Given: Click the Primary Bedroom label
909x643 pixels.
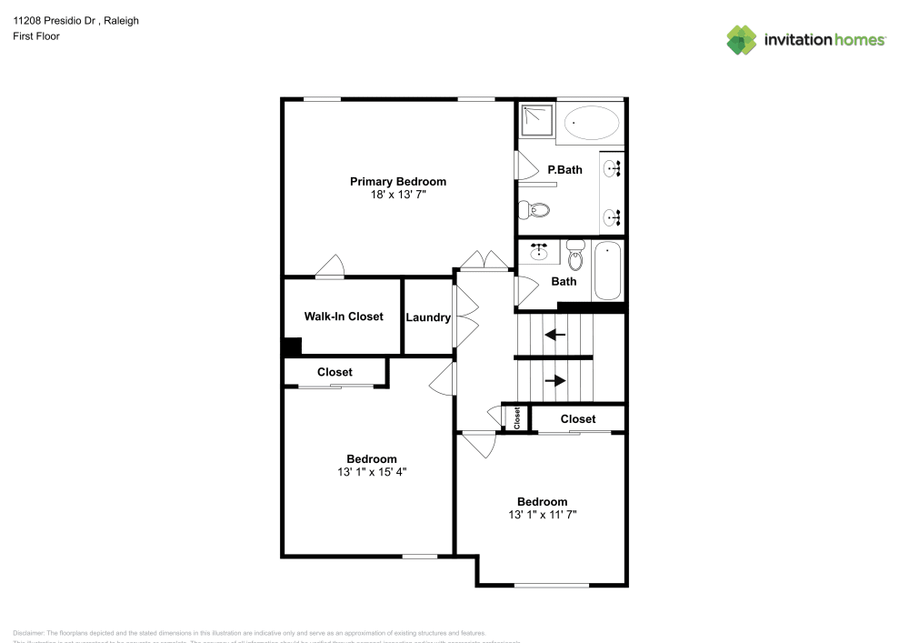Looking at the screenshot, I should pos(398,182).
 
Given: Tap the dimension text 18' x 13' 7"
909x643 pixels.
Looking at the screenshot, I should pos(398,195).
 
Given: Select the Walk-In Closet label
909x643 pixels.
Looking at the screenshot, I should pos(343,316).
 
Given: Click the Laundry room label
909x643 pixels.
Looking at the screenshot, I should pos(428,317).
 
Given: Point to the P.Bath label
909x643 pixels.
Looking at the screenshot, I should pos(564,169).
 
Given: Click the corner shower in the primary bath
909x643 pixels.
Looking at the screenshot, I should pos(536,120).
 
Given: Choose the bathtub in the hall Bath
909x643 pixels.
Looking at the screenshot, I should pos(607,270).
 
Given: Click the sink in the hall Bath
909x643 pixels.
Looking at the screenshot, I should pos(540,250).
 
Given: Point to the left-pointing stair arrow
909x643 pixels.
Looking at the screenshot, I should pos(554,335).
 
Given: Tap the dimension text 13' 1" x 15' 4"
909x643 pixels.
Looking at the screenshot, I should pos(371,472).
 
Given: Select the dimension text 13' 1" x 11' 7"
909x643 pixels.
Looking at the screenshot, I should pos(543,515).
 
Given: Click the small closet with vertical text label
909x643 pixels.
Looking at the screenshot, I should pos(517,418).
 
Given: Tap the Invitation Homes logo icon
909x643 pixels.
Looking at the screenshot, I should pos(742,39).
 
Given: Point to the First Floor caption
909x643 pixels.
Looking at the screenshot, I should pos(36,36).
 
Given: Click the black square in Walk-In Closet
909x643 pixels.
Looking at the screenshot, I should pos(292,347).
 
